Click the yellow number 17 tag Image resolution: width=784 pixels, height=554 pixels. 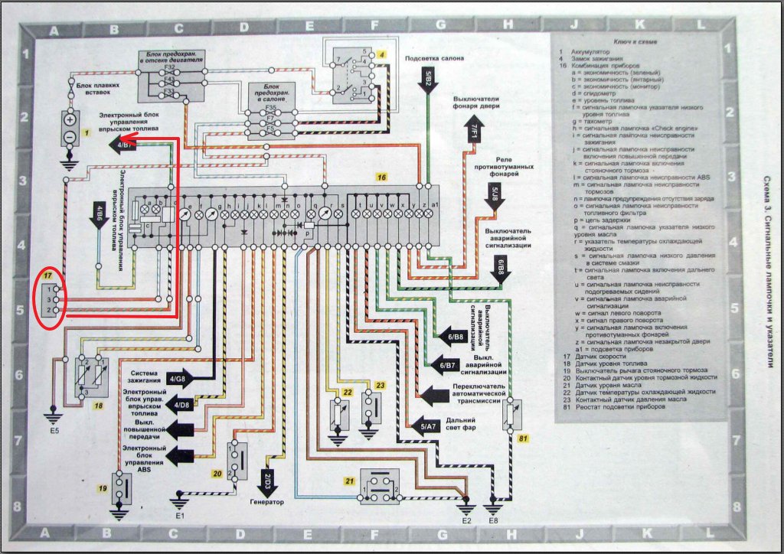pos(48,275)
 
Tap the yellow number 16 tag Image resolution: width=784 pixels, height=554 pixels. pos(381,177)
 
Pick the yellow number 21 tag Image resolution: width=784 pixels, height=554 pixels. pos(350,481)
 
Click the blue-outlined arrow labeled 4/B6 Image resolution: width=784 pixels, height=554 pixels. pos(100,212)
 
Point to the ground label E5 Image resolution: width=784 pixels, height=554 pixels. pos(53,430)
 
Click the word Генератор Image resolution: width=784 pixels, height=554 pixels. pos(266,502)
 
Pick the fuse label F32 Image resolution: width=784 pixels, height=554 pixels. pos(172,68)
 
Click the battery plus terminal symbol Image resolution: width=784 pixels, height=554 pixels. pos(70,120)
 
